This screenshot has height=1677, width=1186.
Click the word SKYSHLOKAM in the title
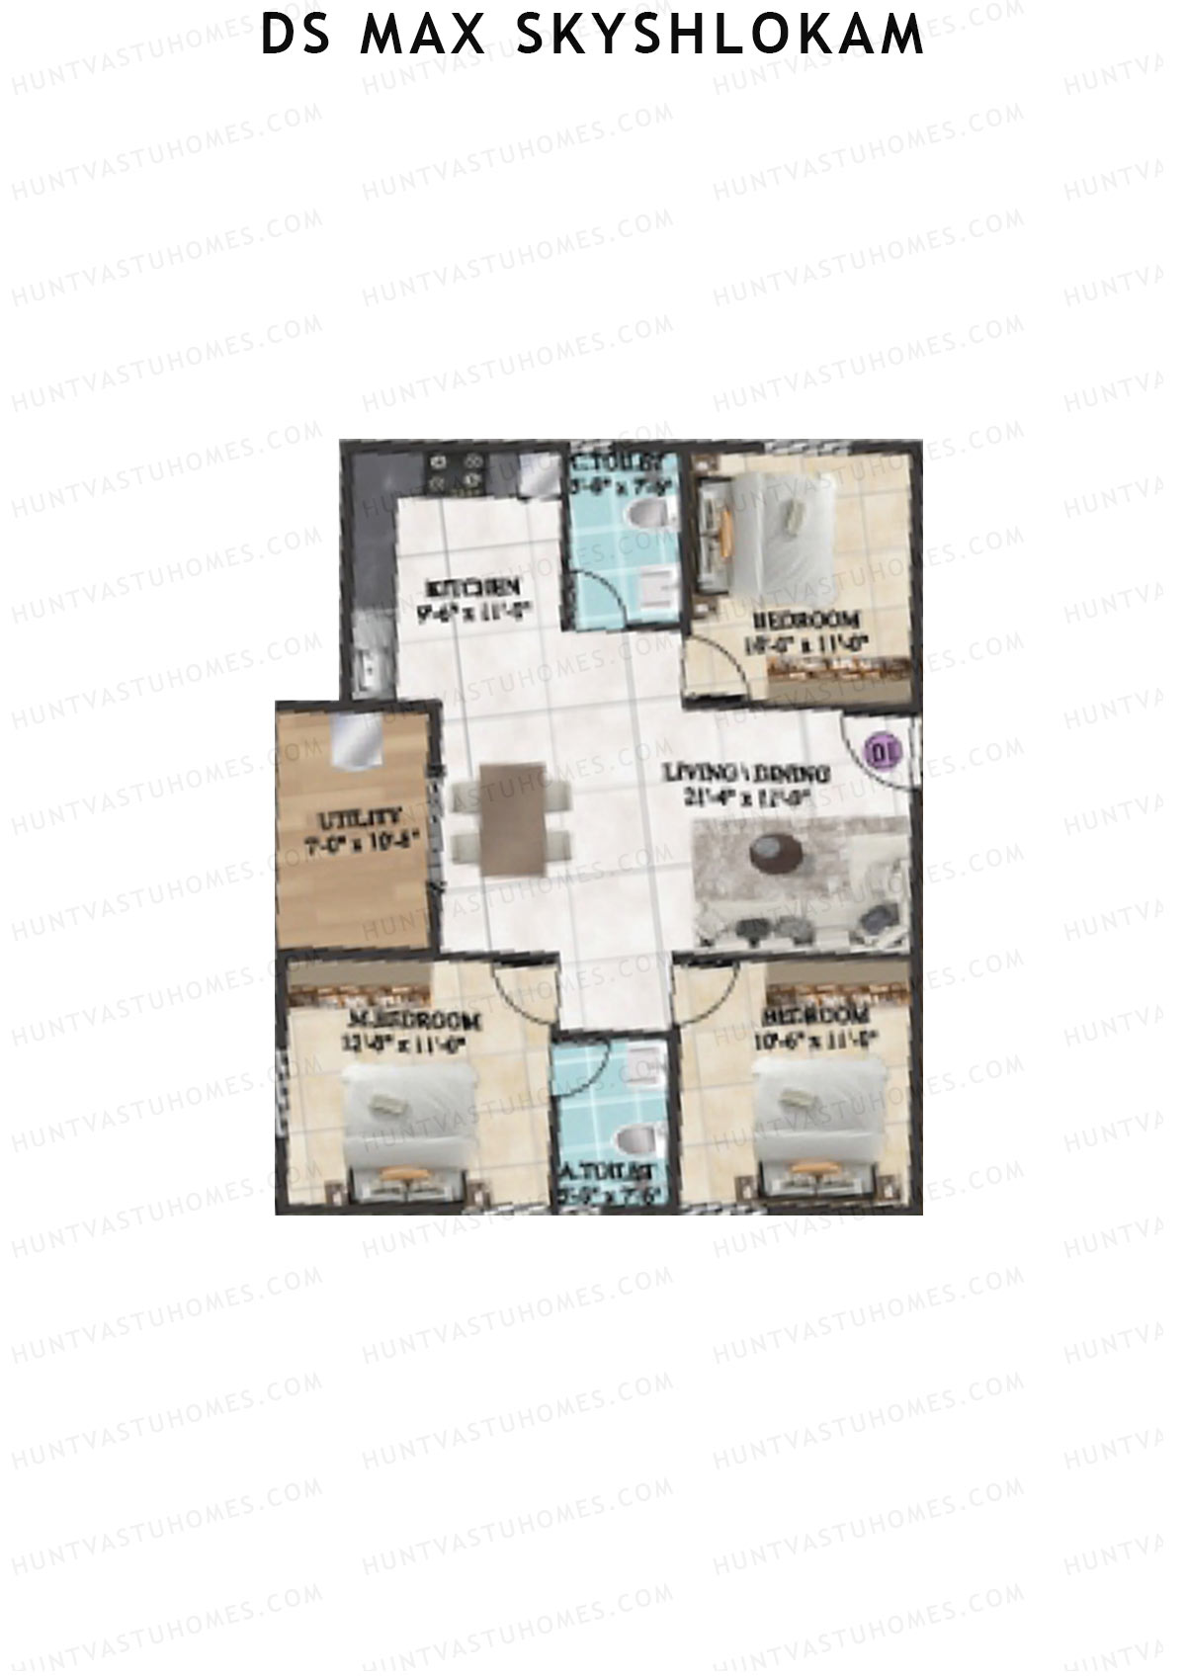point(720,36)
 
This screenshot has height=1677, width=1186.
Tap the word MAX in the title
point(423,36)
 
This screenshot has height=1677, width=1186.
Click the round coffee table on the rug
point(776,854)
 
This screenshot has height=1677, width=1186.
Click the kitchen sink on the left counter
point(369,669)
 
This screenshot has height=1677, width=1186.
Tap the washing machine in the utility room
point(356,741)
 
